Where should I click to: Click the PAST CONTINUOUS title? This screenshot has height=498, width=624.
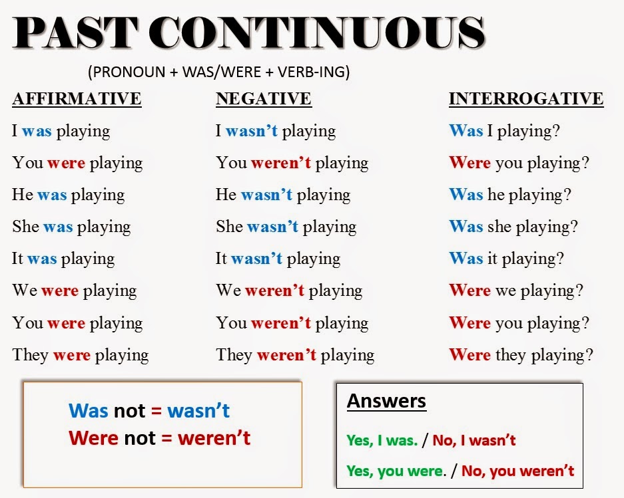(248, 33)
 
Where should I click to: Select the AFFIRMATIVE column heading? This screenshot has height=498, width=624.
(77, 99)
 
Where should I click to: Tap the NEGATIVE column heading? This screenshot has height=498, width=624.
(264, 99)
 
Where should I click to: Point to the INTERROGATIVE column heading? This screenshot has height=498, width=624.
(526, 99)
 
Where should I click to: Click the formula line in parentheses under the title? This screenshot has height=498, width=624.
(218, 71)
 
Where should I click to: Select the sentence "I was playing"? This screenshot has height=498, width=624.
(61, 131)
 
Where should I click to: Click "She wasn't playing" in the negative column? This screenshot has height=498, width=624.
(286, 227)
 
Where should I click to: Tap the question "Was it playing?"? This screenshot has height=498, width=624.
(506, 259)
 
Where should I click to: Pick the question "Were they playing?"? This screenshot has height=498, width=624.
(521, 355)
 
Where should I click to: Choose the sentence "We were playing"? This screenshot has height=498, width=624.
(74, 291)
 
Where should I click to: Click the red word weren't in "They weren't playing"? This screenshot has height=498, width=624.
(286, 355)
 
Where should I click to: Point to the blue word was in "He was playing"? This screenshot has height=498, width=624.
(52, 195)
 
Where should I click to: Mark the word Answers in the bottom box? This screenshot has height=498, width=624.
(386, 401)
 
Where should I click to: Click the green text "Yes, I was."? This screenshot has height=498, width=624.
(382, 440)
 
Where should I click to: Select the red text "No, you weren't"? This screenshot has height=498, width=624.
(517, 471)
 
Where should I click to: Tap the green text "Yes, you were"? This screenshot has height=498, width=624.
(394, 471)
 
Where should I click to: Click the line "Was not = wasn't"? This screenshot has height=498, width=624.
(149, 411)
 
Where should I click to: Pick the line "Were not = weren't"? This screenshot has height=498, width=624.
(160, 438)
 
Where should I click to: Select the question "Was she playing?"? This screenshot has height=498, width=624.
(513, 227)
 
